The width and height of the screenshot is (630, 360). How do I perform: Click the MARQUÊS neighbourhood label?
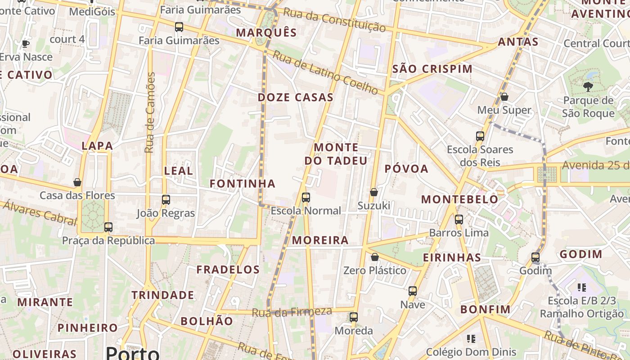pos(266,32)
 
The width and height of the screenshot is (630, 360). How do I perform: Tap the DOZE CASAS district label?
pos(296,97)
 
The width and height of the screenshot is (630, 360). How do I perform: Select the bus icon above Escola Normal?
pos(306,197)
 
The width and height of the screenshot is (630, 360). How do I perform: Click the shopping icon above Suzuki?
pos(373,192)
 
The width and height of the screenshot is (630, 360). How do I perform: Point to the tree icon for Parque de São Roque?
pos(588,86)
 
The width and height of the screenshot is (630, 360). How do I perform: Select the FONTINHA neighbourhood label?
pos(243,183)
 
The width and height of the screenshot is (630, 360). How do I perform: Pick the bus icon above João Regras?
pos(166,199)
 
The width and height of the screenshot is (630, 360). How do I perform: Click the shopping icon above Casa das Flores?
pos(77,182)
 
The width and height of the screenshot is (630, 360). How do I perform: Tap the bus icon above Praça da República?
pos(108,227)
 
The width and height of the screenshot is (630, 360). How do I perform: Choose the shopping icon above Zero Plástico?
pos(374,257)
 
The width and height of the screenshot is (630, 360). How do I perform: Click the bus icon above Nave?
pos(413,291)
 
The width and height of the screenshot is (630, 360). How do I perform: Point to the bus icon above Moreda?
pos(354,317)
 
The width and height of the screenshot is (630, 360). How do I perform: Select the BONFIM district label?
pos(486,309)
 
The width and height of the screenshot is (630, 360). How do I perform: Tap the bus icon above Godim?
pos(535,257)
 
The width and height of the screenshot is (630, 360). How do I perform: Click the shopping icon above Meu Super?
pos(504,97)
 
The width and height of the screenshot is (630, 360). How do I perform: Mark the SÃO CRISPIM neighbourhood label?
pos(432,69)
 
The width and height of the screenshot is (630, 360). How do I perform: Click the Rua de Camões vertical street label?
pos(150,112)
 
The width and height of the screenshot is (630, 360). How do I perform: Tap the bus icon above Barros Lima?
pos(459,219)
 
